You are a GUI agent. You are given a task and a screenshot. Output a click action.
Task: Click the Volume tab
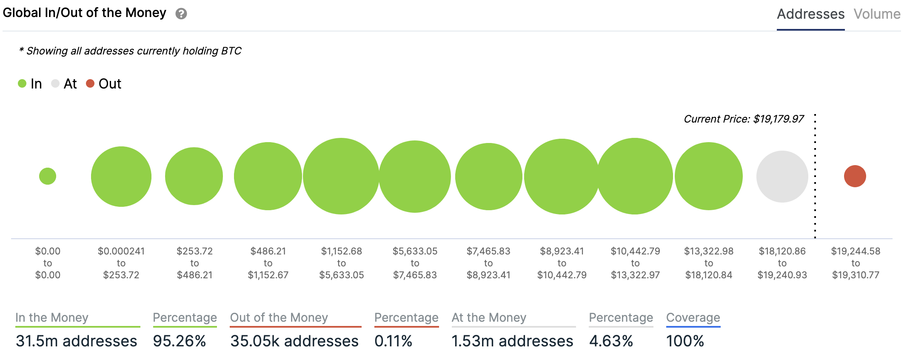pos(877,14)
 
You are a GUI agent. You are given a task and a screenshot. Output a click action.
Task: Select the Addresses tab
pos(810,14)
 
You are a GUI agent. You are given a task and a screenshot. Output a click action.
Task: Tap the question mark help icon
pos(181,14)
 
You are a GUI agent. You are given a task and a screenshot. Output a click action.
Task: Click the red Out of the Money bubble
pos(855,176)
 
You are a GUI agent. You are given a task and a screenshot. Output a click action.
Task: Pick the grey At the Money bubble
pos(782,176)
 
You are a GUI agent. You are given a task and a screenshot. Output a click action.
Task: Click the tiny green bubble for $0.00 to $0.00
pos(48,176)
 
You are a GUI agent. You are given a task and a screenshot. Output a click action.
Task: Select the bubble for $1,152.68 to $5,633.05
pos(341,176)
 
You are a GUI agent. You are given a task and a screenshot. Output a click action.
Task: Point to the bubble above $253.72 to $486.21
pos(194,176)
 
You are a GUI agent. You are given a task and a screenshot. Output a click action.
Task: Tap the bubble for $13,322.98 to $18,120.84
pos(708,176)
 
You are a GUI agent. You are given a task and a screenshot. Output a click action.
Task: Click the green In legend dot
pos(22,83)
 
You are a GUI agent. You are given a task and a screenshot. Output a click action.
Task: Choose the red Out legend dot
pos(90,83)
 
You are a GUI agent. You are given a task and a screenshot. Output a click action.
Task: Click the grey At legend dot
pos(55,83)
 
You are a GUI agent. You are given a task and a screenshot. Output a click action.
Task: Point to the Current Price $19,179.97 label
pos(744,119)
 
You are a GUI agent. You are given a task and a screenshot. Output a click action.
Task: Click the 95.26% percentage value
pos(180,341)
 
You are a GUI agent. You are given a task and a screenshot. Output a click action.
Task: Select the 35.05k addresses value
pos(294,341)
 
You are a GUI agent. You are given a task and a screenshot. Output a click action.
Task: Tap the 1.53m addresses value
pos(512,341)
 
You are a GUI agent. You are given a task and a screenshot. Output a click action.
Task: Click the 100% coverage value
pos(685,341)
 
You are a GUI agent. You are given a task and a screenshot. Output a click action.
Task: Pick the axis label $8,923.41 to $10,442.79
pos(562,263)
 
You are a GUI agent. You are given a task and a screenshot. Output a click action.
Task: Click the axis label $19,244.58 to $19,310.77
pos(856,263)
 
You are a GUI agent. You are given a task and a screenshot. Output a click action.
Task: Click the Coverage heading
pos(693,317)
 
